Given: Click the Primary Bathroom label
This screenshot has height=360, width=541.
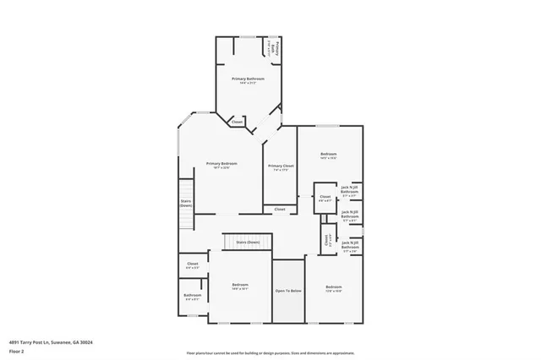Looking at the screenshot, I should tap(248, 79).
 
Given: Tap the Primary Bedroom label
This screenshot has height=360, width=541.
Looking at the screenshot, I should tap(221, 163).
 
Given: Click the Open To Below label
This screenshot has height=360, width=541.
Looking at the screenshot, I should tap(288, 291).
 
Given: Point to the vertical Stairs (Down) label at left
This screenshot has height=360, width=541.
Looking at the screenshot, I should tap(186, 204).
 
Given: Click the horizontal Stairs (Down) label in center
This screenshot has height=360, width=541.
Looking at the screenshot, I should tap(248, 242).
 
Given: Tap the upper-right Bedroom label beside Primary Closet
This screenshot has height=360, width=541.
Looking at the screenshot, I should tap(329, 153).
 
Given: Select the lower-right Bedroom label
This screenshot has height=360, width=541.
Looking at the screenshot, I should tap(334, 287).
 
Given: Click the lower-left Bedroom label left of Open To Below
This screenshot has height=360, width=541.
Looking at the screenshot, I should tap(240, 285).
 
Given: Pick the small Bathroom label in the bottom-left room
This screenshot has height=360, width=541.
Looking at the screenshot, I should tap(193, 295).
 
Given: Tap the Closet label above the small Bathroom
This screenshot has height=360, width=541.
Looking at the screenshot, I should tap(193, 264).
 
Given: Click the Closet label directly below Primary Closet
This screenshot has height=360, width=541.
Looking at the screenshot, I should tap(280, 209).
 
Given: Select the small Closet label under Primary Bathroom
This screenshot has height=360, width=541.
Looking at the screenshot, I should tap(237, 122).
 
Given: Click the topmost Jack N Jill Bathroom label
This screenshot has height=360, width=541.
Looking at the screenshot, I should tap(350, 191).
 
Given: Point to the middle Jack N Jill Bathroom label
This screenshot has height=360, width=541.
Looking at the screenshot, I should tap(350, 215).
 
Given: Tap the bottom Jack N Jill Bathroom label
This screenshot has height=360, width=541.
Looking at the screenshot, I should tap(350, 246).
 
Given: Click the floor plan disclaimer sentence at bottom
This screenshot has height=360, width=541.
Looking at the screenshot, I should tap(270, 352).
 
